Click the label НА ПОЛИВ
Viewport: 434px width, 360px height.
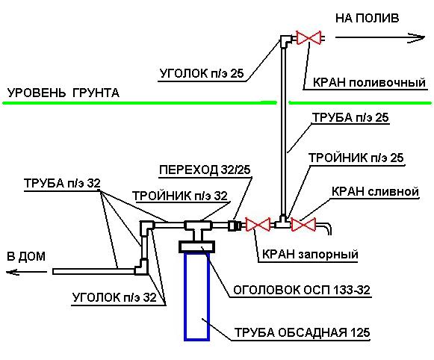(368, 17)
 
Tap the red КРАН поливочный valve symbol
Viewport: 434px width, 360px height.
(308, 37)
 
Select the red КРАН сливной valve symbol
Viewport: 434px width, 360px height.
(304, 223)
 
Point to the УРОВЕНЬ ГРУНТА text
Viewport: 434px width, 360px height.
(63, 93)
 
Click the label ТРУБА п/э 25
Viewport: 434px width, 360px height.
(350, 118)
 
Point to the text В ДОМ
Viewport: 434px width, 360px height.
(26, 256)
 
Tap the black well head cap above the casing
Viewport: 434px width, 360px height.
(197, 245)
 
